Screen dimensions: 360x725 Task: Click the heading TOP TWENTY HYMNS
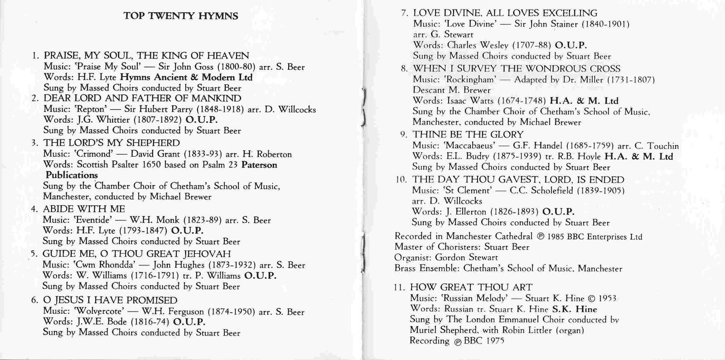pos(181,16)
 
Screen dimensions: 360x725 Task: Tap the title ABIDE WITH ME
pos(84,209)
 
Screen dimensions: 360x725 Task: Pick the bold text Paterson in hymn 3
pos(259,165)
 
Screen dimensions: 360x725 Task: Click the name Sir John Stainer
pos(540,24)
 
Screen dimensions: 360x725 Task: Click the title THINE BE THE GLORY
pos(468,135)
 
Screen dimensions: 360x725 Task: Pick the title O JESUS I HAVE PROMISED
pos(110,301)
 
